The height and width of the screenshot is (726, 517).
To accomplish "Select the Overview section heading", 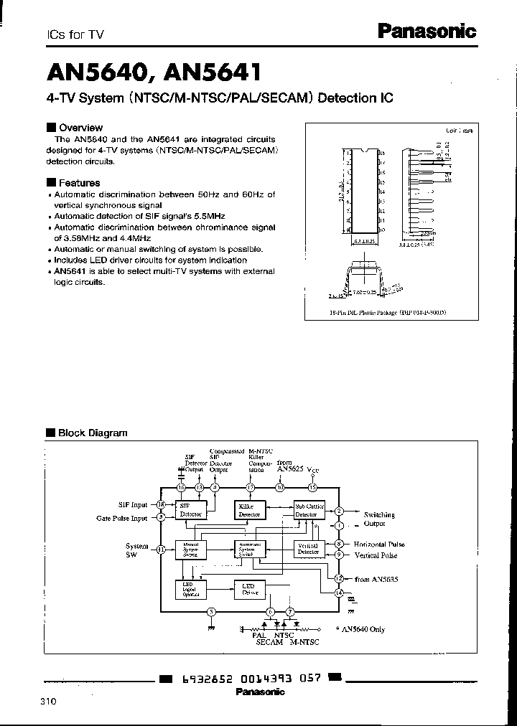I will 80,127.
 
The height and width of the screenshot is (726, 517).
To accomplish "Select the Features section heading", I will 78,183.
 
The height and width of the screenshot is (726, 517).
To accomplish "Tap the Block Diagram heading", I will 92,433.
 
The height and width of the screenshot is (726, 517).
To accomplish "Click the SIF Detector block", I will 190,510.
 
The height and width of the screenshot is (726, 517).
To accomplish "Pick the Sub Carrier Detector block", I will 310,510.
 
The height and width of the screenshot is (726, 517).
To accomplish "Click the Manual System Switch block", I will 190,550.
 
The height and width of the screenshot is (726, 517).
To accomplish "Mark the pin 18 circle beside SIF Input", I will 161,504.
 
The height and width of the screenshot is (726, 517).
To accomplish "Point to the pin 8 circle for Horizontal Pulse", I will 339,544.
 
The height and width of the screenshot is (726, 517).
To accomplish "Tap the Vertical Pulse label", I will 375,555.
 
